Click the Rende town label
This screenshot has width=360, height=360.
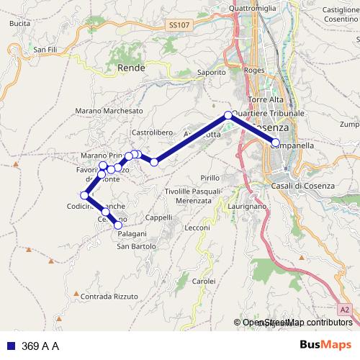130,68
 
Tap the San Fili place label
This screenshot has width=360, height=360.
45,49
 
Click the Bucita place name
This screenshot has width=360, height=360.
21,24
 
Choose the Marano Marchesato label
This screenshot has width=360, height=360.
108,110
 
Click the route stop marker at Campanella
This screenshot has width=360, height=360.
275,142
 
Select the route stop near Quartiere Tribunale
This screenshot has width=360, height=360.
228,115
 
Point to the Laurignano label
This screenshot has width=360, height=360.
247,207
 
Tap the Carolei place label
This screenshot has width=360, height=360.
203,280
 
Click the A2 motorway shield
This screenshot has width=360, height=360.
346,310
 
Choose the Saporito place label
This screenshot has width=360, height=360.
212,72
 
